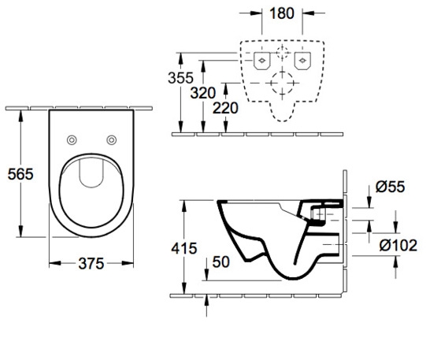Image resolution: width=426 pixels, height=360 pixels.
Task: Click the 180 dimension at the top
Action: coord(282,13)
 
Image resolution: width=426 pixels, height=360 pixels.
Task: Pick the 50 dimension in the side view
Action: coord(221,262)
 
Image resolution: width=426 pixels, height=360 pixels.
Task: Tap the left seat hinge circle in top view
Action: coord(72,139)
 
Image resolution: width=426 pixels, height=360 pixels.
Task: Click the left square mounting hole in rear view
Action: coord(261,60)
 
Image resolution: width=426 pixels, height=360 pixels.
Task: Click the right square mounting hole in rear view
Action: coord(301,60)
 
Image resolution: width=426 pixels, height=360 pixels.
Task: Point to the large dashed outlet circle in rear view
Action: coord(281,81)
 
